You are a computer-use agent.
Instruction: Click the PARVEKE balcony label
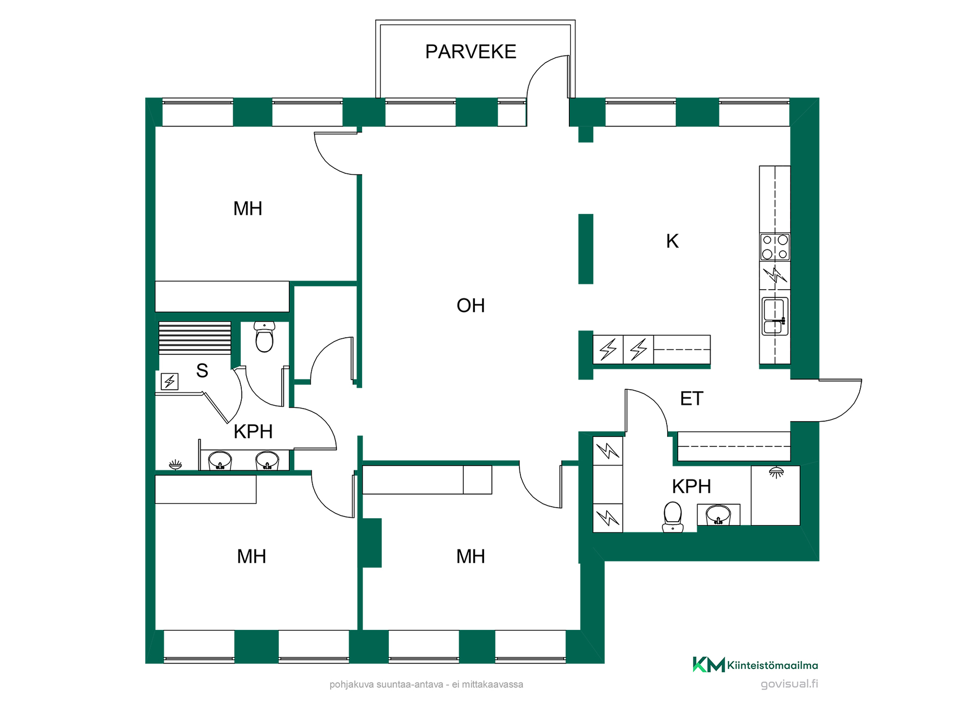[x=470, y=52]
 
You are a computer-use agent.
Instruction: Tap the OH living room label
[x=470, y=305]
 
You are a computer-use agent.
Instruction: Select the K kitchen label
[x=672, y=241]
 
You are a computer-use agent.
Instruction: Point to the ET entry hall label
[x=691, y=398]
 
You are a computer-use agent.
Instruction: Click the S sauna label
[x=202, y=371]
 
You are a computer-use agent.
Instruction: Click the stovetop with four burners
[x=775, y=247]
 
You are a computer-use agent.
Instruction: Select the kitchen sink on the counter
[x=775, y=316]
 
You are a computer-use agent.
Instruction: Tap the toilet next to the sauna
[x=264, y=337]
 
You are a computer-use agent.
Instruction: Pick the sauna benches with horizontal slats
[x=195, y=338]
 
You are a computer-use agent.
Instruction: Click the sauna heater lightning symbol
[x=169, y=381]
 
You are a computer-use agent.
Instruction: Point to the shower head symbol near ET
[x=776, y=472]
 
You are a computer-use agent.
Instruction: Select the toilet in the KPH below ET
[x=673, y=517]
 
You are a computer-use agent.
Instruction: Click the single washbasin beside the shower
[x=718, y=515]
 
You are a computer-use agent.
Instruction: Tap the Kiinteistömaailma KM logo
[x=755, y=665]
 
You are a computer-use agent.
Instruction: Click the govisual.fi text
[x=789, y=684]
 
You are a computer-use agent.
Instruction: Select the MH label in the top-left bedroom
[x=247, y=208]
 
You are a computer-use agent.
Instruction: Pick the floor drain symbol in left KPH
[x=175, y=464]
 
